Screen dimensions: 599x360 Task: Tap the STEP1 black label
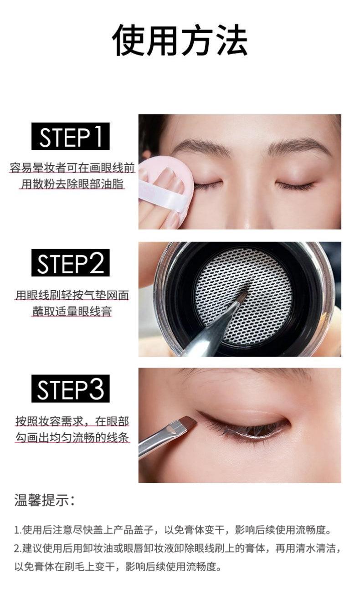coord(71,137)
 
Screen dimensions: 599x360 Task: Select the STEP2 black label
coord(71,263)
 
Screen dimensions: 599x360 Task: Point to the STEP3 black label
coord(71,389)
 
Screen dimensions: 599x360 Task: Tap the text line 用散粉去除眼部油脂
coord(72,184)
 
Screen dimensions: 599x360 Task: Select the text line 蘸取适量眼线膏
coord(72,312)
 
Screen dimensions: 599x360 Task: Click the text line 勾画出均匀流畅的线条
coord(72,438)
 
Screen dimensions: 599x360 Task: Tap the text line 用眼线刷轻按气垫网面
coord(72,295)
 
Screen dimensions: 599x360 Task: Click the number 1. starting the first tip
coord(18,530)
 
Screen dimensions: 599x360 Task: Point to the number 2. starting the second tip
coord(18,548)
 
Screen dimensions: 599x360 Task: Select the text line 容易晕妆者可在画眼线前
coord(72,168)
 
